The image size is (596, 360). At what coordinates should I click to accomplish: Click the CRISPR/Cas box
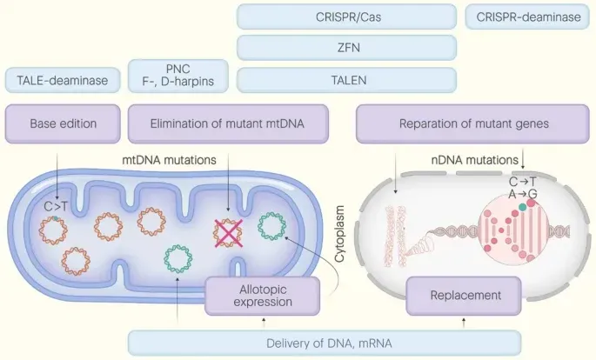click(346, 17)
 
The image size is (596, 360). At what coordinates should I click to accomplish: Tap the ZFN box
click(346, 48)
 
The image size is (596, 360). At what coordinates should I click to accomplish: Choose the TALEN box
click(346, 80)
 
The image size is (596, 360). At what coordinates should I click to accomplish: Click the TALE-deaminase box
click(62, 80)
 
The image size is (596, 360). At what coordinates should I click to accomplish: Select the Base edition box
click(62, 123)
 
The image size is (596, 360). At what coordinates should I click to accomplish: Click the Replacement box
click(465, 296)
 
